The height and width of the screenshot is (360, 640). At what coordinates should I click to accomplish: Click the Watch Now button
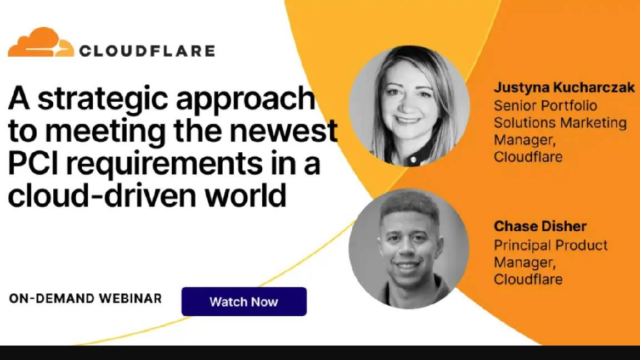point(244,302)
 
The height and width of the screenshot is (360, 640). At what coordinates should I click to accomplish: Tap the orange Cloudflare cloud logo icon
point(41,43)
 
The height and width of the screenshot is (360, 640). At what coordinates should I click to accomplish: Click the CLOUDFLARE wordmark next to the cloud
point(147,51)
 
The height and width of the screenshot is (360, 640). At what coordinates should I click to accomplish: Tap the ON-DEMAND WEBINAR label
point(85,298)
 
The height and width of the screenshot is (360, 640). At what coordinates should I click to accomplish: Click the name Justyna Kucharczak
point(564,88)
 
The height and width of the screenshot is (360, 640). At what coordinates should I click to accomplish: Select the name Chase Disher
point(540,227)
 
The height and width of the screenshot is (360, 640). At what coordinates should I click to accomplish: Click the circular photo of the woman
point(409,106)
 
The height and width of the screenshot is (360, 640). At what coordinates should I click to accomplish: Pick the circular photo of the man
point(409,248)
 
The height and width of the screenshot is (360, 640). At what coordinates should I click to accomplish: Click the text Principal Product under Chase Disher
point(551,244)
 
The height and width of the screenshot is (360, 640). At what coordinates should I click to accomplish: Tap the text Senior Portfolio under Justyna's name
point(546,106)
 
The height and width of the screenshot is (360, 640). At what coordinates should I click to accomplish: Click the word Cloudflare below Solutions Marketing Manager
point(528,157)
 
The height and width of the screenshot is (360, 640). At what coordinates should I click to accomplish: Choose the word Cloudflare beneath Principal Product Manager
point(528,278)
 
